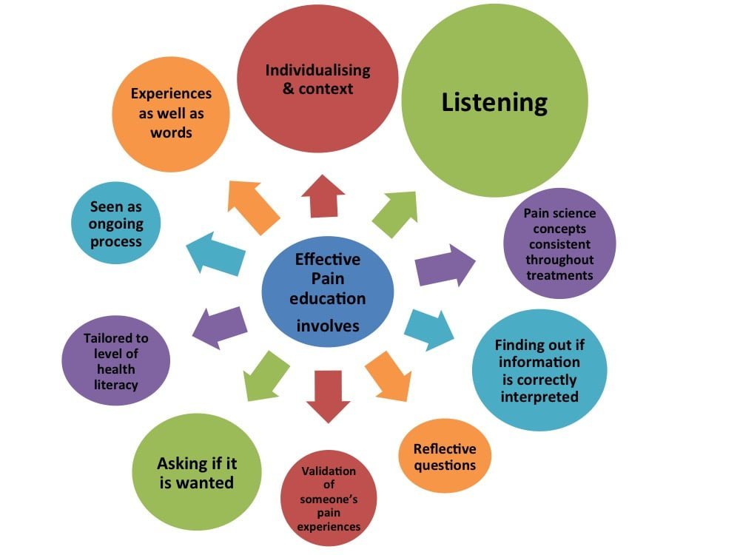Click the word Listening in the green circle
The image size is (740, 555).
pyautogui.click(x=494, y=102)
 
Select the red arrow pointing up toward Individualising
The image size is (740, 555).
pyautogui.click(x=323, y=196)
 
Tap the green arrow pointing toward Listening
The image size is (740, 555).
pyautogui.click(x=395, y=214)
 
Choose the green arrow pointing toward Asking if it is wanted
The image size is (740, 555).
pyautogui.click(x=265, y=376)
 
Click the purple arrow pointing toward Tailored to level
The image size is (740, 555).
pyautogui.click(x=220, y=328)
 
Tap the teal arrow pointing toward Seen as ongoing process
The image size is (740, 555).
pyautogui.click(x=215, y=253)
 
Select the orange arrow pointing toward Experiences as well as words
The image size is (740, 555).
pyautogui.click(x=252, y=206)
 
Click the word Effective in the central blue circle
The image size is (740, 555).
pyautogui.click(x=328, y=260)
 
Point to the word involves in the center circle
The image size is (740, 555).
pyautogui.click(x=328, y=326)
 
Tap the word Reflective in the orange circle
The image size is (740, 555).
pyautogui.click(x=445, y=449)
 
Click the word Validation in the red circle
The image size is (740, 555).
pyautogui.click(x=329, y=471)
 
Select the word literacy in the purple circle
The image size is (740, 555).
pyautogui.click(x=115, y=385)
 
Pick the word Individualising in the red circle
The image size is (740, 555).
pyautogui.click(x=317, y=71)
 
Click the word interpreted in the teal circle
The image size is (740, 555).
pyautogui.click(x=539, y=397)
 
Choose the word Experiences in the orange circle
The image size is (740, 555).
pyautogui.click(x=171, y=94)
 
